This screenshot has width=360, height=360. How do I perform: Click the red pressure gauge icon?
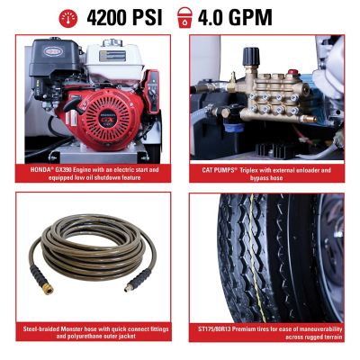(68, 16)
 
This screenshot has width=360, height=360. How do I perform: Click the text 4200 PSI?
(124, 16)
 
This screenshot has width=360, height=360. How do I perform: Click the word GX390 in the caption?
(64, 168)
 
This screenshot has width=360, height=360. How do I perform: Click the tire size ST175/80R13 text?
(219, 330)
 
